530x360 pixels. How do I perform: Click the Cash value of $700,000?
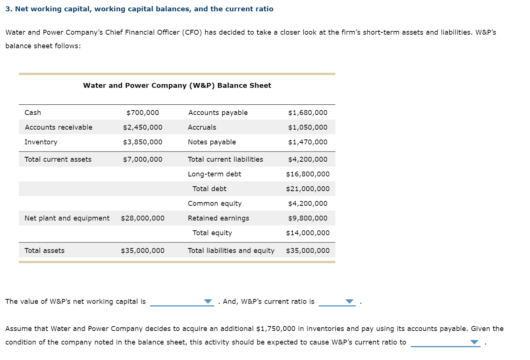pyautogui.click(x=143, y=113)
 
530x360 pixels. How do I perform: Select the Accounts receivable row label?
pyautogui.click(x=58, y=127)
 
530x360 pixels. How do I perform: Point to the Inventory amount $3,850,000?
pyautogui.click(x=143, y=142)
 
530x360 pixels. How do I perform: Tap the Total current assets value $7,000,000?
pyautogui.click(x=143, y=159)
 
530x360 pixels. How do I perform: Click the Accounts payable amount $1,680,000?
pyautogui.click(x=307, y=113)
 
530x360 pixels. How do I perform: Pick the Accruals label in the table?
pyautogui.click(x=202, y=127)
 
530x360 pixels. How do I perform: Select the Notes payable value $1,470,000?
pyautogui.click(x=307, y=142)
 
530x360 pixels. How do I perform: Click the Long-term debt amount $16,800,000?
pyautogui.click(x=307, y=174)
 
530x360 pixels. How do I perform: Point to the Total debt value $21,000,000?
pyautogui.click(x=307, y=189)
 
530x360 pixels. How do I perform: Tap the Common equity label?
pyautogui.click(x=215, y=204)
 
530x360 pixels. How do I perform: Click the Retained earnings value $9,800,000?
pyautogui.click(x=307, y=218)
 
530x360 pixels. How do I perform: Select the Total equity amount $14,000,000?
pyautogui.click(x=307, y=233)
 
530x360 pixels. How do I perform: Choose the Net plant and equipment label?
pyautogui.click(x=67, y=218)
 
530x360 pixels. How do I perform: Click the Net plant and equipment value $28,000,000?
pyautogui.click(x=143, y=218)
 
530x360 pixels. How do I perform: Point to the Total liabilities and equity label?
pyautogui.click(x=231, y=251)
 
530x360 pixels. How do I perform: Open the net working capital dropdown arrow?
pyautogui.click(x=208, y=302)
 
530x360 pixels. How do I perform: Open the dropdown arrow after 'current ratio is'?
pyautogui.click(x=350, y=302)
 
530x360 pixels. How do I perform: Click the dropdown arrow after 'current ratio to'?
pyautogui.click(x=474, y=342)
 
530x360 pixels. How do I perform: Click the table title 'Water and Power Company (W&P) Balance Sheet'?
pyautogui.click(x=177, y=86)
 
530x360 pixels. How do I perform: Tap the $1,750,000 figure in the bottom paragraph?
pyautogui.click(x=275, y=329)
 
